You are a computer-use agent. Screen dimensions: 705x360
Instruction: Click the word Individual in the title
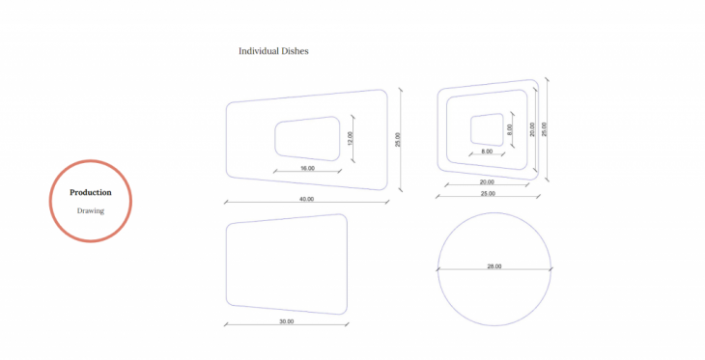coord(259,51)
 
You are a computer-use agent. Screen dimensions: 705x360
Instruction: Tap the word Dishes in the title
coord(295,51)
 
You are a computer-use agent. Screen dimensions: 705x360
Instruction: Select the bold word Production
coord(91,192)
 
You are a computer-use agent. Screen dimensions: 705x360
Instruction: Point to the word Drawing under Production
coord(91,210)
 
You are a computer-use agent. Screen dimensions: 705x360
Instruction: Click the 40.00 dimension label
coord(307,199)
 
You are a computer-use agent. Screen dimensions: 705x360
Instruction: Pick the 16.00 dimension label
coord(307,168)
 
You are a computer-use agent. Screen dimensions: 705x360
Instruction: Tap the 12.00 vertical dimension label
coord(351,138)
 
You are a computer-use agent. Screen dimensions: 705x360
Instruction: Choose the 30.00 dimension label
coord(287,321)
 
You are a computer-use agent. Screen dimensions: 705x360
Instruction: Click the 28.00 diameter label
coord(494,266)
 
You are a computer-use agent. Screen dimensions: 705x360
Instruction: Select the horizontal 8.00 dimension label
coord(487,152)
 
